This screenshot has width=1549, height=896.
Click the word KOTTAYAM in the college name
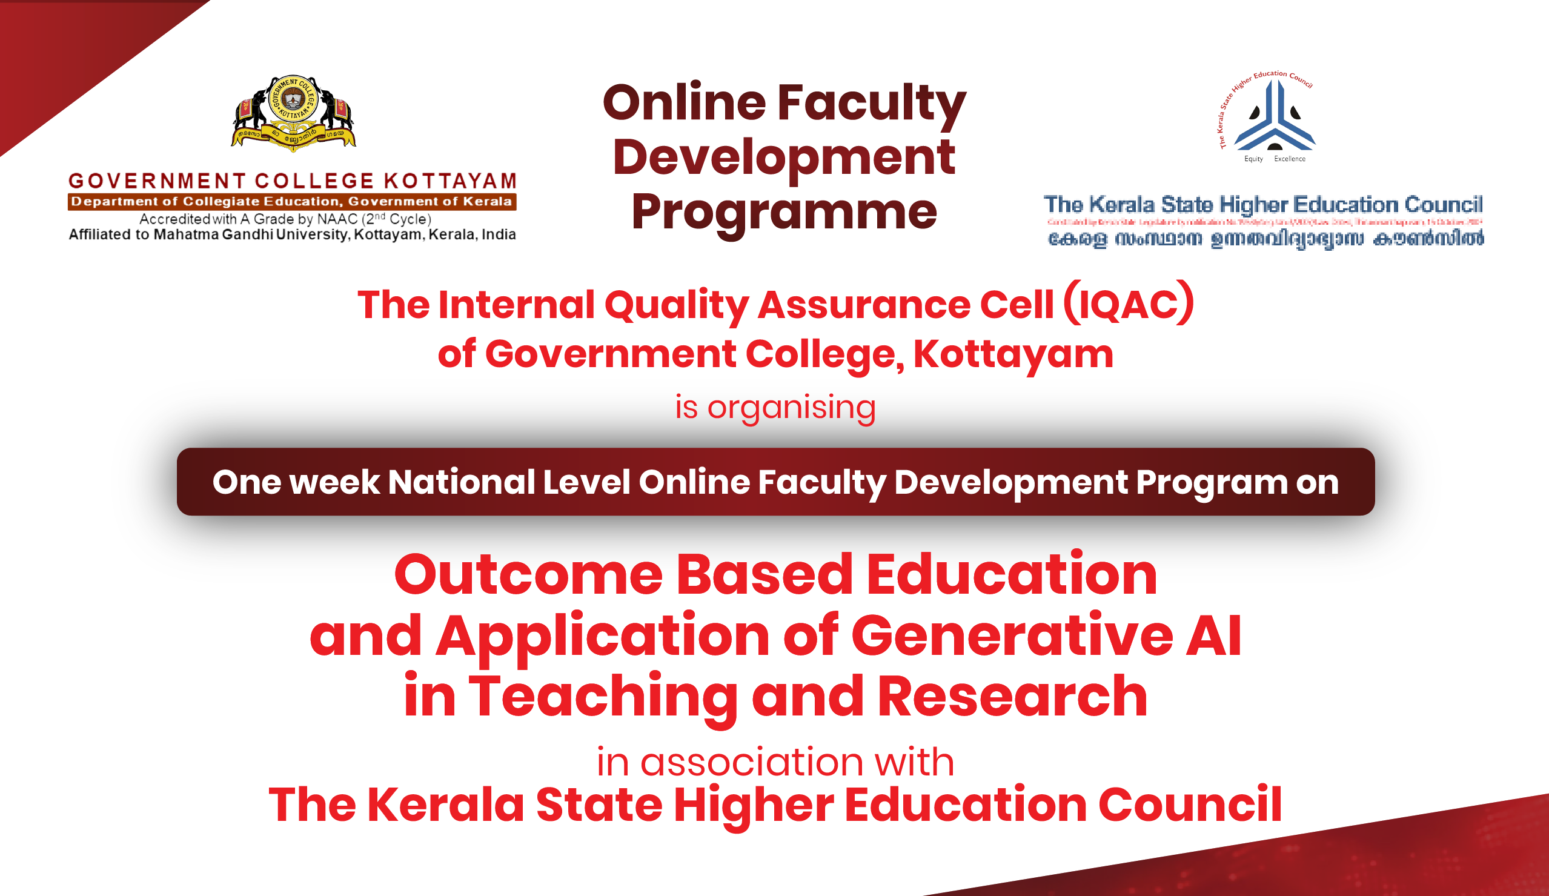[450, 181]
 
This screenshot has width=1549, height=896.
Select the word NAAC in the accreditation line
[337, 219]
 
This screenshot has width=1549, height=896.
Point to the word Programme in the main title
[784, 213]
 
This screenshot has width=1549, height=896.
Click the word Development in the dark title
[784, 158]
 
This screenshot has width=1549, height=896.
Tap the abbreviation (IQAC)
[1129, 304]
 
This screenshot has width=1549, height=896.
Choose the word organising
[792, 408]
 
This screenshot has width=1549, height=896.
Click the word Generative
[1011, 635]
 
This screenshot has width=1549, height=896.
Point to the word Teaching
[602, 696]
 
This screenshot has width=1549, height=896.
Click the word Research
[1012, 696]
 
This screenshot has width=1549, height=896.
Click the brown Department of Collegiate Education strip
[292, 202]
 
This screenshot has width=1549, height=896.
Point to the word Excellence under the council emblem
[1290, 159]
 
